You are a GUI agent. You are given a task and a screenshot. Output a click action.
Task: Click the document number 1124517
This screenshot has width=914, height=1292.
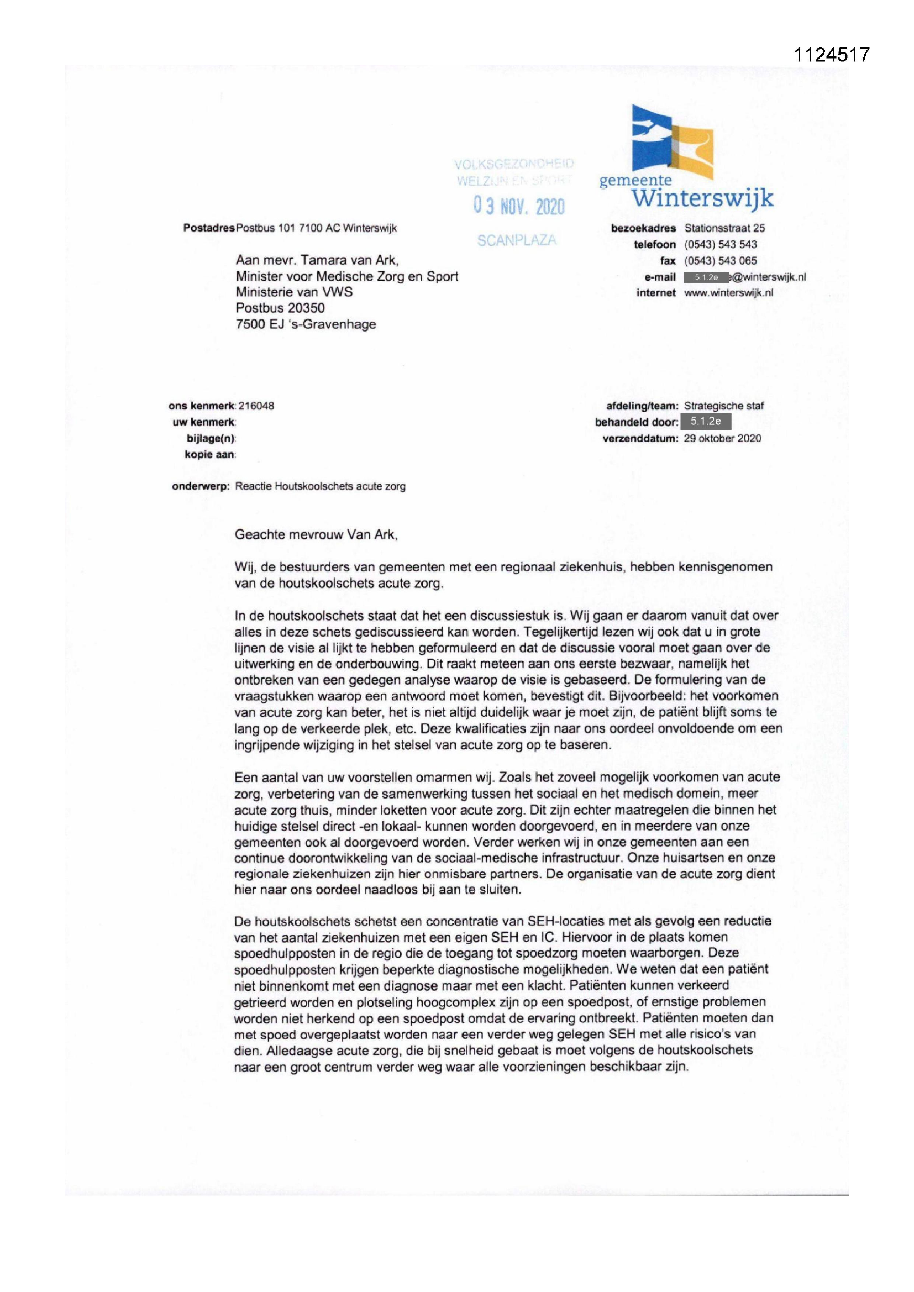pyautogui.click(x=831, y=55)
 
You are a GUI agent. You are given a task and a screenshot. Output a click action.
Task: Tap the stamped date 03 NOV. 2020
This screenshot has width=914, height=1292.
pyautogui.click(x=519, y=207)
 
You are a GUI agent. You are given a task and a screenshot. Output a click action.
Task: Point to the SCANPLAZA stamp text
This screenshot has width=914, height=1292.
pyautogui.click(x=517, y=240)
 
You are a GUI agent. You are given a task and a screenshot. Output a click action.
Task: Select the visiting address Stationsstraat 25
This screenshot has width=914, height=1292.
pyautogui.click(x=724, y=228)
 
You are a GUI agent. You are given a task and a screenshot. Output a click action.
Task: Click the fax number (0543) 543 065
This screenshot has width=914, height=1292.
pyautogui.click(x=721, y=260)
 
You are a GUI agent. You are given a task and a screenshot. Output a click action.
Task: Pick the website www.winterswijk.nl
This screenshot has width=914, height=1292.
pyautogui.click(x=728, y=293)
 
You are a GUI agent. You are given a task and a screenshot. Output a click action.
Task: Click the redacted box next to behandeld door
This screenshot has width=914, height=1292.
pyautogui.click(x=706, y=422)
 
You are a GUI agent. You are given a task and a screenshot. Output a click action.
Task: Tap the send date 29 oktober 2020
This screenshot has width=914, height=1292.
pyautogui.click(x=722, y=438)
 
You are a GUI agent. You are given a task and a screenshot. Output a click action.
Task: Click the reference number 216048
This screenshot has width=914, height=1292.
pyautogui.click(x=256, y=406)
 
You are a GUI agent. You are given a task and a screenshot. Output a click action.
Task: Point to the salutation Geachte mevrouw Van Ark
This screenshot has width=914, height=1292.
pyautogui.click(x=316, y=534)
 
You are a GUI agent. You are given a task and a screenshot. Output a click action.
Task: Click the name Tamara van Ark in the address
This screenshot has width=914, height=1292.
pyautogui.click(x=349, y=260)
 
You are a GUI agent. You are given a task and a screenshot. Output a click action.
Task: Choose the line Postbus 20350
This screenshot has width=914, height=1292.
pyautogui.click(x=280, y=308)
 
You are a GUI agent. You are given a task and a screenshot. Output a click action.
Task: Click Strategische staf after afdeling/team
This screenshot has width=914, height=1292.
pyautogui.click(x=724, y=406)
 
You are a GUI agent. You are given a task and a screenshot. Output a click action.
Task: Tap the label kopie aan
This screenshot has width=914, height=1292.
pyautogui.click(x=210, y=454)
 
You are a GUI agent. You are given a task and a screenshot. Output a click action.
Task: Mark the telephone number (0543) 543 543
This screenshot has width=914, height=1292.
pyautogui.click(x=721, y=244)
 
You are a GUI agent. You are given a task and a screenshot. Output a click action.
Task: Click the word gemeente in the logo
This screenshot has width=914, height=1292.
pyautogui.click(x=635, y=181)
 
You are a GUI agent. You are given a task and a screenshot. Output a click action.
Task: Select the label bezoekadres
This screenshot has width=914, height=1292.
pyautogui.click(x=643, y=228)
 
